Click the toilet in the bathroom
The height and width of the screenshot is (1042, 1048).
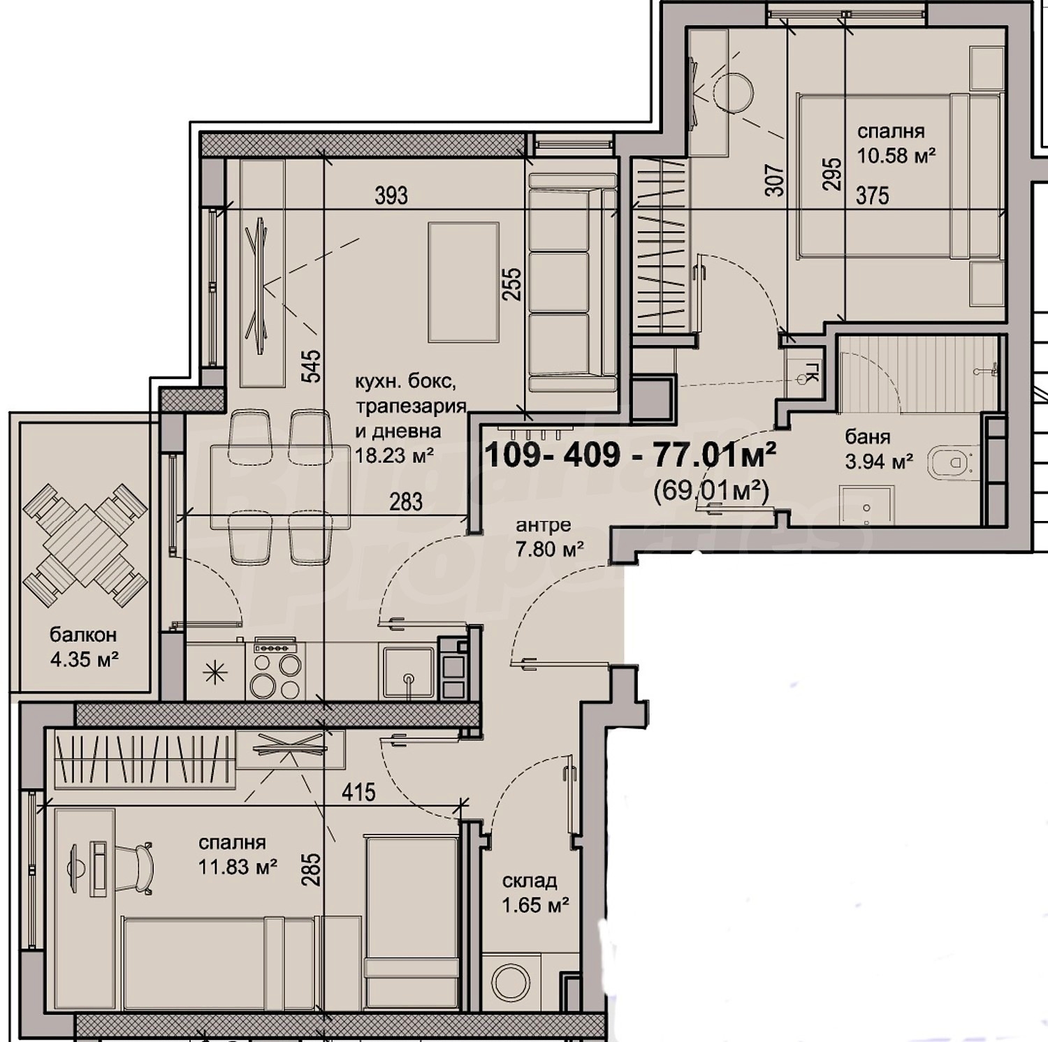pos(951,463)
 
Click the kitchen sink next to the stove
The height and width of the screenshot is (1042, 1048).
pos(407,671)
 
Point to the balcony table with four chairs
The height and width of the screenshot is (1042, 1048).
pos(85,545)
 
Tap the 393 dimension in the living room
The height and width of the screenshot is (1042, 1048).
pos(391,196)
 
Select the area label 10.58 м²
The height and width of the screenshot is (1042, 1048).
pos(896,155)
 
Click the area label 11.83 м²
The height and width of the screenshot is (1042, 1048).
pos(238,867)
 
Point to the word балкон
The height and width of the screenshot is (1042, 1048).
pos(83,635)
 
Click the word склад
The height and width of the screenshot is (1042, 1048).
pos(529,881)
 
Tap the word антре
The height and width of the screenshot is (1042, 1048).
pos(544,525)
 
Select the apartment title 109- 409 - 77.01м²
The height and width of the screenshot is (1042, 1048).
pos(630,455)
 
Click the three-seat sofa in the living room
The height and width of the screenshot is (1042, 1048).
pos(572,282)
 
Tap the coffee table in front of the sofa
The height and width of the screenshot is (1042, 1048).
pos(463,282)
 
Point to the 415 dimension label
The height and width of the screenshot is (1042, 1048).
pos(358,792)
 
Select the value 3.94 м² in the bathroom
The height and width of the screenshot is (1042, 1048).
pos(879,462)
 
